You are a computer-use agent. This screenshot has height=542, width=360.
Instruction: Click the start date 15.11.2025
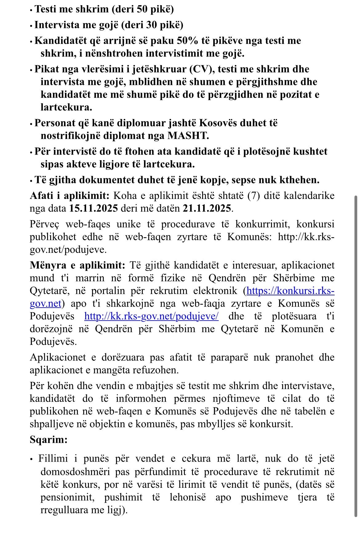94,208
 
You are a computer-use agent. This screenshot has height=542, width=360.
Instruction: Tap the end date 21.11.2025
207,208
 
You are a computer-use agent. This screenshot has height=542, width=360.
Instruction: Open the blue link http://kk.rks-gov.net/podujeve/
151,316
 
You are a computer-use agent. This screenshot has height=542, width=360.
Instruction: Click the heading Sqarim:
49,439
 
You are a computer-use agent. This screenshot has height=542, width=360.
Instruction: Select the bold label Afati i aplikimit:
70,196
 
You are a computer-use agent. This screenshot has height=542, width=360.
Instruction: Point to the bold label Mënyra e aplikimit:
78,265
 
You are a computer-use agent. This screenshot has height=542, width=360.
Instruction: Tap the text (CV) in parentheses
202,69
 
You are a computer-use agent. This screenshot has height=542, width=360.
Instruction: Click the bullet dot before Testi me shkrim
31,10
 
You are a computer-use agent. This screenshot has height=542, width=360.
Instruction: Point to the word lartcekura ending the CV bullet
66,107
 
